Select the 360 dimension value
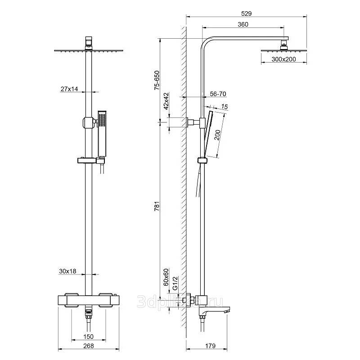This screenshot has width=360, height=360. pyautogui.click(x=243, y=25)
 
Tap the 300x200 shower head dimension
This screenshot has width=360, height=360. pyautogui.click(x=283, y=59)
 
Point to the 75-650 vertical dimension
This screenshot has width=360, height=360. pyautogui.click(x=157, y=81)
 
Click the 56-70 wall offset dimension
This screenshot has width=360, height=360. pyautogui.click(x=218, y=94)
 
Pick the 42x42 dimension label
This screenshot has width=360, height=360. pyautogui.click(x=166, y=101)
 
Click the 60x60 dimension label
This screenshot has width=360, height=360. pyautogui.click(x=166, y=277)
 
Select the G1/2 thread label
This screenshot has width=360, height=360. pyautogui.click(x=176, y=283)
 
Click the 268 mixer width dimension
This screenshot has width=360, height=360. pyautogui.click(x=88, y=346)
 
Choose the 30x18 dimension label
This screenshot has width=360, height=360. pyautogui.click(x=67, y=271)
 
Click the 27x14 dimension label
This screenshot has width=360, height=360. pyautogui.click(x=69, y=89)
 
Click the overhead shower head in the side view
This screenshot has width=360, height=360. pyautogui.click(x=284, y=48)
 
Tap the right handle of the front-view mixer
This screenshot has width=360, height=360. pyautogui.click(x=109, y=301)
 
